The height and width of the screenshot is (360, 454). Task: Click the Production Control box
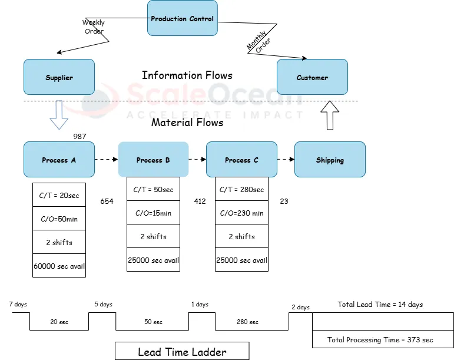tap(182, 18)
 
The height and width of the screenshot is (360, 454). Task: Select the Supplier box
tap(59, 77)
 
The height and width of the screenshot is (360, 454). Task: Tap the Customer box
tap(312, 77)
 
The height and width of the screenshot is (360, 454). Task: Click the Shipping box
tap(330, 160)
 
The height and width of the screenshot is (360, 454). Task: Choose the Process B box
tap(153, 160)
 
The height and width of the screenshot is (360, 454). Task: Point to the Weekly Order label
tap(93, 27)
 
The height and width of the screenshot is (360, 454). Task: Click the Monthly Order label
tap(257, 42)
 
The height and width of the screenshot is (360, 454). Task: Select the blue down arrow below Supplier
tap(59, 114)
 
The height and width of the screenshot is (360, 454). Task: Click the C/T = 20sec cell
tap(59, 196)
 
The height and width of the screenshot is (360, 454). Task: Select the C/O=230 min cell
tap(241, 213)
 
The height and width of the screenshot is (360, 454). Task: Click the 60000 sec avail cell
tap(59, 266)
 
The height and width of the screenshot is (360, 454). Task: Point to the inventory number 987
tap(80, 137)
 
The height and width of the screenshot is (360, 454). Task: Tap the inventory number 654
tap(107, 202)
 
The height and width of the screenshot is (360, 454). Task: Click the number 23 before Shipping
tap(284, 202)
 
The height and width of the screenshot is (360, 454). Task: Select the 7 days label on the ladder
tap(18, 305)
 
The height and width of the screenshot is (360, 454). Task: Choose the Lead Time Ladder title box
tap(182, 352)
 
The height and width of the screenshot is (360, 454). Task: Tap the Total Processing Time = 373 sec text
tap(380, 340)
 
